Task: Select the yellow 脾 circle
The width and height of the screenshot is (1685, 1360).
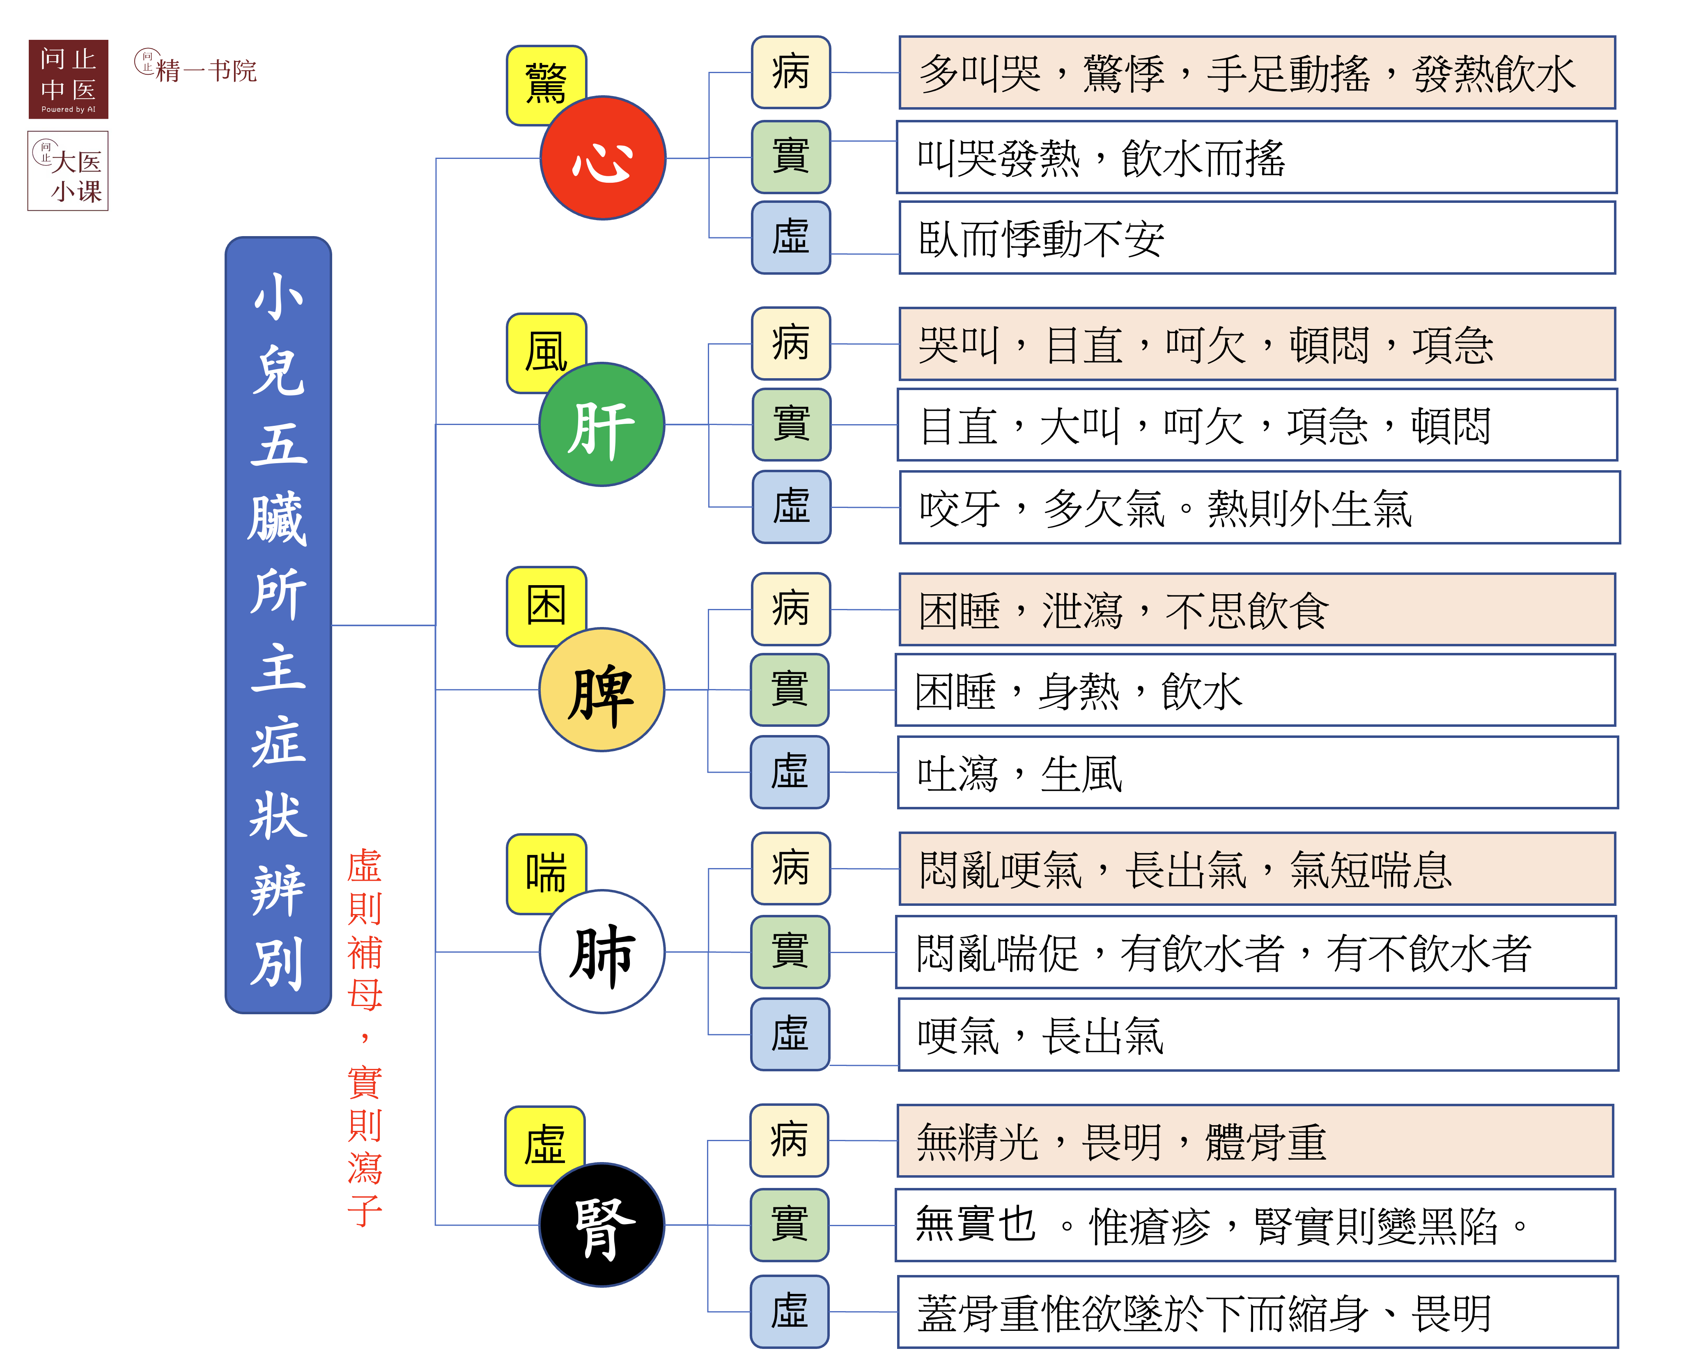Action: pyautogui.click(x=601, y=689)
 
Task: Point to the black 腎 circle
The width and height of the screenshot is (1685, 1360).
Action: pyautogui.click(x=601, y=1224)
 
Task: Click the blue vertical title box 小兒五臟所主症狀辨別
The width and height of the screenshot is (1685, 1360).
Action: pyautogui.click(x=278, y=625)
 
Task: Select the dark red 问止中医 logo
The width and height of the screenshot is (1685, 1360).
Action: pyautogui.click(x=68, y=79)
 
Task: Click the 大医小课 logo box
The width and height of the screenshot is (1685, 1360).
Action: pyautogui.click(x=68, y=171)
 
